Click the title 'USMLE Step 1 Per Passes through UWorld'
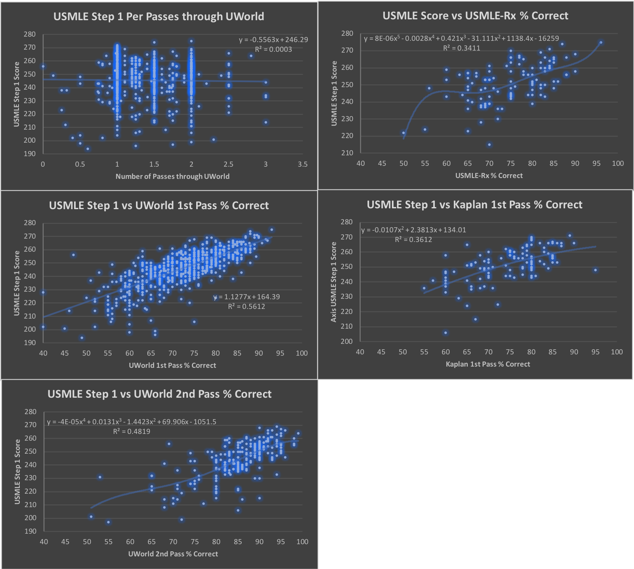(x=159, y=16)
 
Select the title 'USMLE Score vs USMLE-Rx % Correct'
(x=475, y=16)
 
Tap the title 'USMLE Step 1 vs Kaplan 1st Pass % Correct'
(x=474, y=205)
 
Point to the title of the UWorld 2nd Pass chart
(x=160, y=394)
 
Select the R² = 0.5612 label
(x=247, y=306)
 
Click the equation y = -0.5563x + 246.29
(x=273, y=40)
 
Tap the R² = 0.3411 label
(x=461, y=48)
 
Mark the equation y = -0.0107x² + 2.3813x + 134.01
(x=413, y=230)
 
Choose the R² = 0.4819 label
(x=131, y=431)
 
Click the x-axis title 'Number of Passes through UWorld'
(x=173, y=176)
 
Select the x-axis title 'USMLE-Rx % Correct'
(x=489, y=175)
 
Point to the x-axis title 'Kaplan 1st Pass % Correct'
(x=488, y=364)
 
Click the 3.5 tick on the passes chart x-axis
(x=302, y=164)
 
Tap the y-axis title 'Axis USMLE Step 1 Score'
(x=334, y=282)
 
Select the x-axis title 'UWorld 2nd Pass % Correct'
(x=173, y=554)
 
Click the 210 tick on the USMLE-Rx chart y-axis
(x=347, y=153)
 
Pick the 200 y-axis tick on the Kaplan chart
(x=346, y=341)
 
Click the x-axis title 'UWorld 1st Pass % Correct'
(x=172, y=365)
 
